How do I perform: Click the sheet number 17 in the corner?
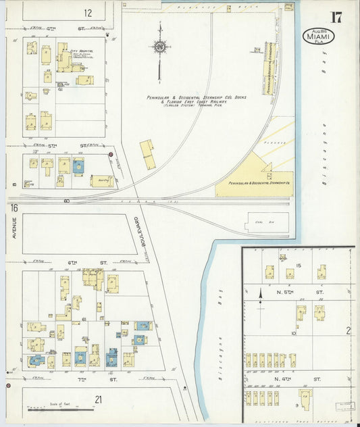pyautogui.click(x=336, y=17)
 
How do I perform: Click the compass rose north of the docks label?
pyautogui.click(x=159, y=47)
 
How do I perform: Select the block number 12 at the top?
pyautogui.click(x=88, y=13)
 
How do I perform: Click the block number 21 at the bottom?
pyautogui.click(x=98, y=400)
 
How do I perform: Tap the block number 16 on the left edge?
pyautogui.click(x=14, y=209)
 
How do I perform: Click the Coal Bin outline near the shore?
pyautogui.click(x=266, y=222)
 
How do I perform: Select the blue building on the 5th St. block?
pyautogui.click(x=79, y=166)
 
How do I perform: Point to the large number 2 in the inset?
pyautogui.click(x=349, y=330)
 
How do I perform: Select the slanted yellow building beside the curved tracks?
pyautogui.click(x=147, y=155)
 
